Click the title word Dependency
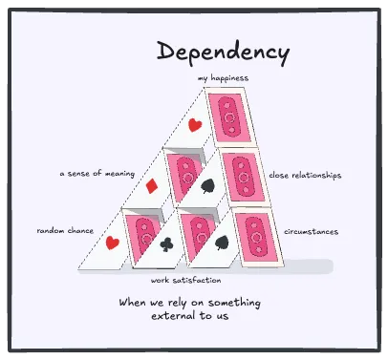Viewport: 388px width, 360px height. (x=223, y=51)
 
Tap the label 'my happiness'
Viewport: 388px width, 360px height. (x=223, y=78)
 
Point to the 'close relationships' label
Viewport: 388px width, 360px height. (x=305, y=176)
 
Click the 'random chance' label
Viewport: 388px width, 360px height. (x=64, y=231)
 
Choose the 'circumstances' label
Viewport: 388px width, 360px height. (x=311, y=232)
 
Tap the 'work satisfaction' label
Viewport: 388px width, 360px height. (x=186, y=281)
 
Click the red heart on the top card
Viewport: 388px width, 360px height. (x=194, y=125)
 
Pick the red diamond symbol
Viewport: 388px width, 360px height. (x=153, y=182)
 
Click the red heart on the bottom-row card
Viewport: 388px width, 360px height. (x=111, y=243)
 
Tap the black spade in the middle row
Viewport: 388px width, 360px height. (x=207, y=183)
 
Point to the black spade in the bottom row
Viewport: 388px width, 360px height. (x=221, y=243)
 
